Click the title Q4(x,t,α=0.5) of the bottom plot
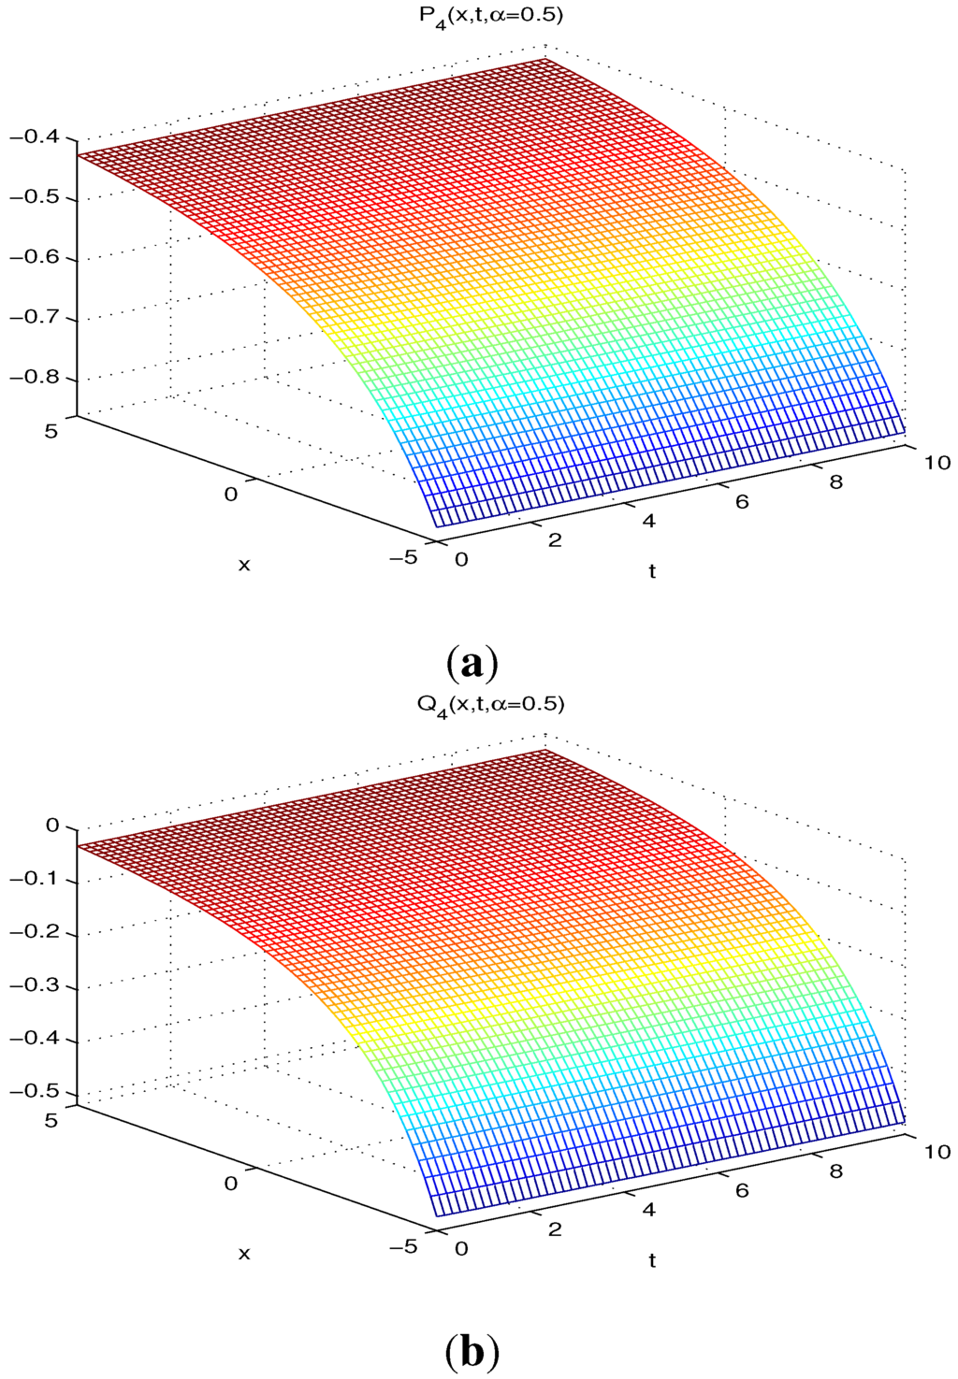(491, 704)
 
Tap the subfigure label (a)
(472, 663)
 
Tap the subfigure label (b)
(472, 1352)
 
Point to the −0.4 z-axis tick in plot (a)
(33, 137)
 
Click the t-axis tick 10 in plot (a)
(936, 463)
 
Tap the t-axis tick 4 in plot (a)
(648, 521)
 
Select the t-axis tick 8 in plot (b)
(835, 1171)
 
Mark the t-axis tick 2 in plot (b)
(555, 1228)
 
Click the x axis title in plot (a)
(245, 565)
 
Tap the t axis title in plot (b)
(652, 1260)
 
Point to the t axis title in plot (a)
(652, 571)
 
